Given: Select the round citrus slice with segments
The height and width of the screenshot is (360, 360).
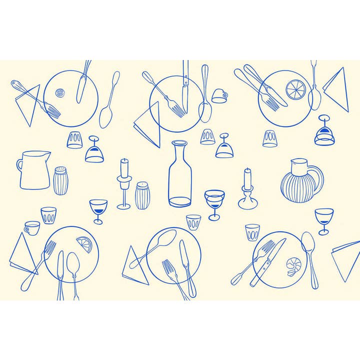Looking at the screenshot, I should (295, 90).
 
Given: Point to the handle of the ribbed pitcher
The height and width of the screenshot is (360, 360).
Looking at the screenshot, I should (316, 180).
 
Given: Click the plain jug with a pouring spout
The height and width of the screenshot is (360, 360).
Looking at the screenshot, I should (34, 170).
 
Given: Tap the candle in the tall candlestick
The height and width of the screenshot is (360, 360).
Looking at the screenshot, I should (123, 168).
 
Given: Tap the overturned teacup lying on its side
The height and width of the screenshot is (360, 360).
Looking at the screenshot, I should (219, 95).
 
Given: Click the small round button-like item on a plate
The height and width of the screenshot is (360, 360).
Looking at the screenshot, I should (60, 92).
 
